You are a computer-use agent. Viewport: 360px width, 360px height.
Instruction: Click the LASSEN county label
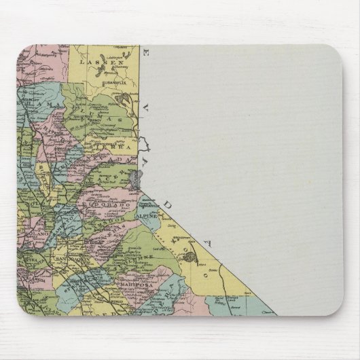pos(93,61)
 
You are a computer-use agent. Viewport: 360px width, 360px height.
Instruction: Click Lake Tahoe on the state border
pos(137,179)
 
